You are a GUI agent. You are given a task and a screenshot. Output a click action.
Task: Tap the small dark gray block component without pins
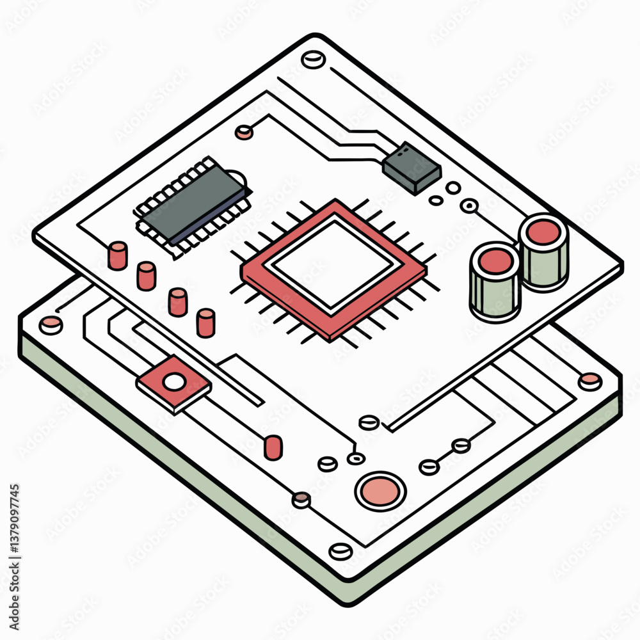coord(412,167)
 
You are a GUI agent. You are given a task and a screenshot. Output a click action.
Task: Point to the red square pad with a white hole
coord(173,383)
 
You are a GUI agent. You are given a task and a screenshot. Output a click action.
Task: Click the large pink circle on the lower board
coord(380,491)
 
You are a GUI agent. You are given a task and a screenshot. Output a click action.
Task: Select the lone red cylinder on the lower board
coord(273,447)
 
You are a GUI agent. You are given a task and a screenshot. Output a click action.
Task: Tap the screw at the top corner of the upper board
coord(313,60)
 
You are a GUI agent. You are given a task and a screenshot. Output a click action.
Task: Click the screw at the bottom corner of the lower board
coord(340,551)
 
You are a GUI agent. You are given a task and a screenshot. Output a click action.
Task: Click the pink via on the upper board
coord(243,132)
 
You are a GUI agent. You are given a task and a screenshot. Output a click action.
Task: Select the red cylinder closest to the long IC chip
coord(118,255)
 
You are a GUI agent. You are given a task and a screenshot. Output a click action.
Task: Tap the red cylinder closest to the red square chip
coord(205,323)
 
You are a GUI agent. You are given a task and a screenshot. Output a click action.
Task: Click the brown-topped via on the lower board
coord(301,499)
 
